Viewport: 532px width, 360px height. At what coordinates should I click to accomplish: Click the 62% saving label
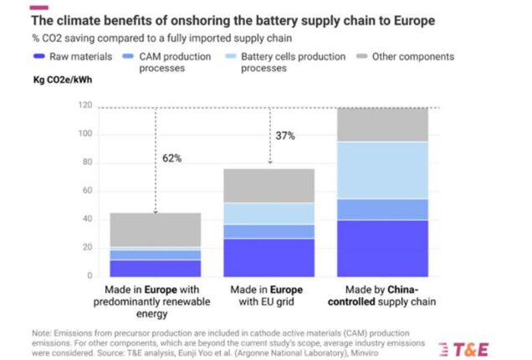coord(172,158)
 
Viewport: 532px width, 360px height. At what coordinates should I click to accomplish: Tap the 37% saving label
coord(285,136)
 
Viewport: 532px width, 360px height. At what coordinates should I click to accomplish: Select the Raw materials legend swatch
coord(39,56)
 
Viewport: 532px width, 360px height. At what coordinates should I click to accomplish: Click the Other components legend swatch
coord(362,56)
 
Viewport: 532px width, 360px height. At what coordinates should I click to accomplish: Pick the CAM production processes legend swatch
coord(128,56)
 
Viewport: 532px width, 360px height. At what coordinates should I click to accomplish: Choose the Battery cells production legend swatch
coord(231,56)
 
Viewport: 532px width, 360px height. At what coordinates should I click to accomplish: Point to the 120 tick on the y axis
coord(85,105)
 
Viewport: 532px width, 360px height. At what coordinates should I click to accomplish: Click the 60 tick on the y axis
coord(88,191)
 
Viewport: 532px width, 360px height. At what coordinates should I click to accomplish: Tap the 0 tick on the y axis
coord(90,275)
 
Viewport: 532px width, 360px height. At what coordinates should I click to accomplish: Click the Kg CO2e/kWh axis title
coord(63,80)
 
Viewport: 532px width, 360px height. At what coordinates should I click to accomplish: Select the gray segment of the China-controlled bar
coord(383,125)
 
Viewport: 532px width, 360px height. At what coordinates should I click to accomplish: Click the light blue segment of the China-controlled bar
coord(383,170)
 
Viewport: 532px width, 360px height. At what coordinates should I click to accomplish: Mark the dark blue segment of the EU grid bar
coord(269,258)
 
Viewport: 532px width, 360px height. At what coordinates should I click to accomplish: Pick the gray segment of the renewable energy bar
coord(156,230)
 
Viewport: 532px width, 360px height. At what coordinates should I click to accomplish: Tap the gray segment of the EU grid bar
coord(269,186)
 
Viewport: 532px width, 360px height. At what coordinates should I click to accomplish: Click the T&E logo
coord(464,350)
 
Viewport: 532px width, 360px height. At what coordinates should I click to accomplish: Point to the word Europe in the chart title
coord(414,21)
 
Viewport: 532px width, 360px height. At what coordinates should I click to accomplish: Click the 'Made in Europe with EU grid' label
coord(267,296)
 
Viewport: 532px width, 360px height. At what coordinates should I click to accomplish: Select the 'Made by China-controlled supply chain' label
coord(381,296)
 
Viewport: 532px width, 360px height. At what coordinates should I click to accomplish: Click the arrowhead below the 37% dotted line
coord(270,162)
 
